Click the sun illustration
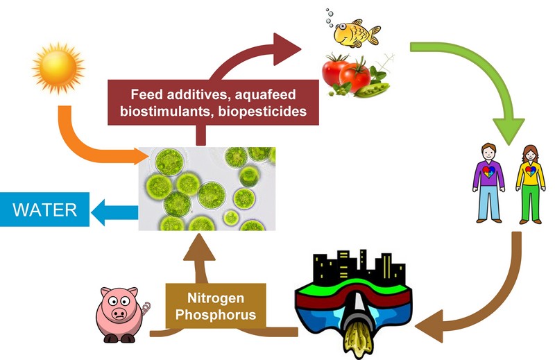pos(58,67)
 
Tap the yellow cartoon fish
pos(357,33)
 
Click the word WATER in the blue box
pos(44,209)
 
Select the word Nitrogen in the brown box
pos(216,298)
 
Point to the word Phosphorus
pos(216,314)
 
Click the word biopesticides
pos(262,111)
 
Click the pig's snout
pos(119,314)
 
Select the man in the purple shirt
pos(488,182)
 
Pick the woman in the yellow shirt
pos(530,185)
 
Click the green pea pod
pos(372,90)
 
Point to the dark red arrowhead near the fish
pos(286,49)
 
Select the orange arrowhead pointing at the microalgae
pos(142,156)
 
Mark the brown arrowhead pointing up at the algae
pos(200,247)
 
